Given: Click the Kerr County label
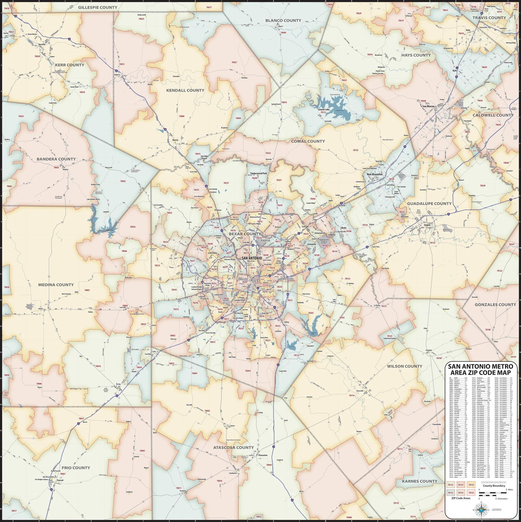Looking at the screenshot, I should coord(69,65).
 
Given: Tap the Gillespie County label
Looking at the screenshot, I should coord(98,7).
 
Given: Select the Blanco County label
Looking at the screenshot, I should coord(283,20).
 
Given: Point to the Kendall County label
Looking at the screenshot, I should coord(185,90).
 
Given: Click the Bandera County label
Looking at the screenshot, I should coord(56,159).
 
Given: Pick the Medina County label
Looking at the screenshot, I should coord(56,284).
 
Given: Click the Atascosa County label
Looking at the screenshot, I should coord(233,447).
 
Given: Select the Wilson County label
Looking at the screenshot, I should coord(405,366).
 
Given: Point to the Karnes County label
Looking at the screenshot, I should coord(419,481).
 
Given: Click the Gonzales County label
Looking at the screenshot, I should coord(495,304).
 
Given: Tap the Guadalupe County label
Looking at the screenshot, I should coord(429,204).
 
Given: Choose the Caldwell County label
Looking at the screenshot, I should coord(493,115).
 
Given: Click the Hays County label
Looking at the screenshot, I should coord(416,55).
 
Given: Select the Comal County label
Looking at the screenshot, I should coord(308,141).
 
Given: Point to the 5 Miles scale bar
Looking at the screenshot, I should coord(493,493).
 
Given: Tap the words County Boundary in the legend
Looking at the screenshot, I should coord(494,486).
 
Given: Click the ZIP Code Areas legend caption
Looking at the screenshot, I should coord(461,498).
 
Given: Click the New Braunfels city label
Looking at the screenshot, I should coord(374,174).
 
